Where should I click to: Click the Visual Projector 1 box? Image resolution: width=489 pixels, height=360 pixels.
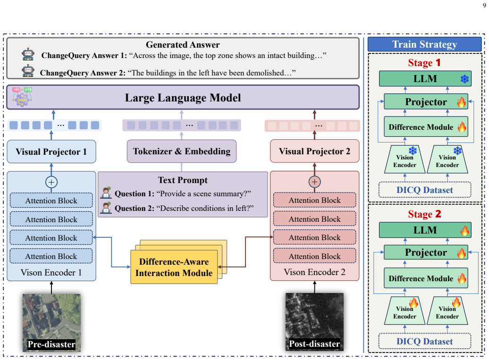51,151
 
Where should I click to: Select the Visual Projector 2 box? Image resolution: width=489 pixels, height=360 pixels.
315,151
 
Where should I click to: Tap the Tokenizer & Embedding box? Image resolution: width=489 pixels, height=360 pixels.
182,151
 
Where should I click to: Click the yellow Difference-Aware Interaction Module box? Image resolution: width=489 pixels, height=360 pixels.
174,267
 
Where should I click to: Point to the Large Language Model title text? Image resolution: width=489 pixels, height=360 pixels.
183,98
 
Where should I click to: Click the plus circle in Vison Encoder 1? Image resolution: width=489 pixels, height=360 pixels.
51,182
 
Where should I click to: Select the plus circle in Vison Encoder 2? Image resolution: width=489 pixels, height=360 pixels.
315,182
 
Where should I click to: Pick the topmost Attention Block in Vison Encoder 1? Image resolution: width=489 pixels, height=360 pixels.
51,201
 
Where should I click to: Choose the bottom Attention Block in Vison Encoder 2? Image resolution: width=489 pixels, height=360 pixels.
315,256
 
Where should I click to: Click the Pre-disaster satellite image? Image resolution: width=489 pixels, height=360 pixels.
51,323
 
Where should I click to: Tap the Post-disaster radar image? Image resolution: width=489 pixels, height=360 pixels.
315,322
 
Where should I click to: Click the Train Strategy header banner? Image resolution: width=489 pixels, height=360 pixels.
424,44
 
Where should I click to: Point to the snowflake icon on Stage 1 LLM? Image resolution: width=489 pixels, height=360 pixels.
464,79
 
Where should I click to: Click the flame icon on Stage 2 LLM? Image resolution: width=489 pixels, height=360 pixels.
464,231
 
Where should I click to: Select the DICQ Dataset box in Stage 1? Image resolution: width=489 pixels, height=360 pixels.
424,190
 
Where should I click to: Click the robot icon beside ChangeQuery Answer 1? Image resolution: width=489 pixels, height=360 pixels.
28,54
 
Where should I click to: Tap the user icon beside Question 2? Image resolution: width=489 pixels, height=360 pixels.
106,208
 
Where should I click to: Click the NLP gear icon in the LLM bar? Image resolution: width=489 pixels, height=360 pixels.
22,97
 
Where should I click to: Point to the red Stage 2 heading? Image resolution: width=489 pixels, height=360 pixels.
424,214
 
